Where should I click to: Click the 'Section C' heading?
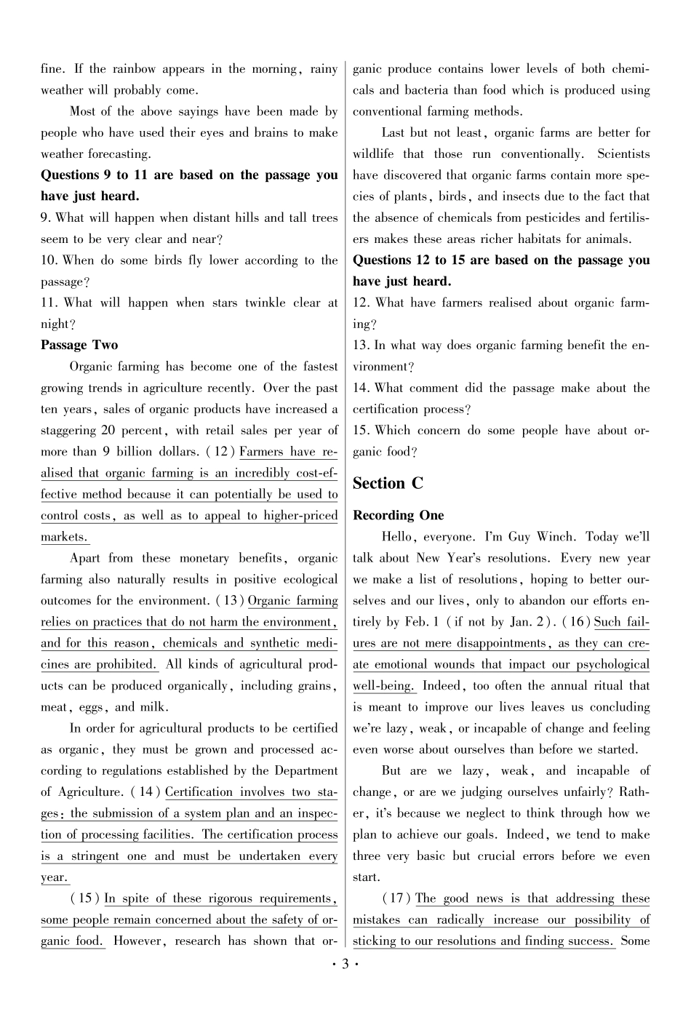click(388, 483)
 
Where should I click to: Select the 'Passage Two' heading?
click(79, 345)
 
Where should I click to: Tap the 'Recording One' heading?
click(398, 515)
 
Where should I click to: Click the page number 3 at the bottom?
click(345, 965)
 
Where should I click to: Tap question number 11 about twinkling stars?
click(50, 303)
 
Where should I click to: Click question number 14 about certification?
click(362, 388)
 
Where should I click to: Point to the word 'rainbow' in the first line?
click(134, 69)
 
